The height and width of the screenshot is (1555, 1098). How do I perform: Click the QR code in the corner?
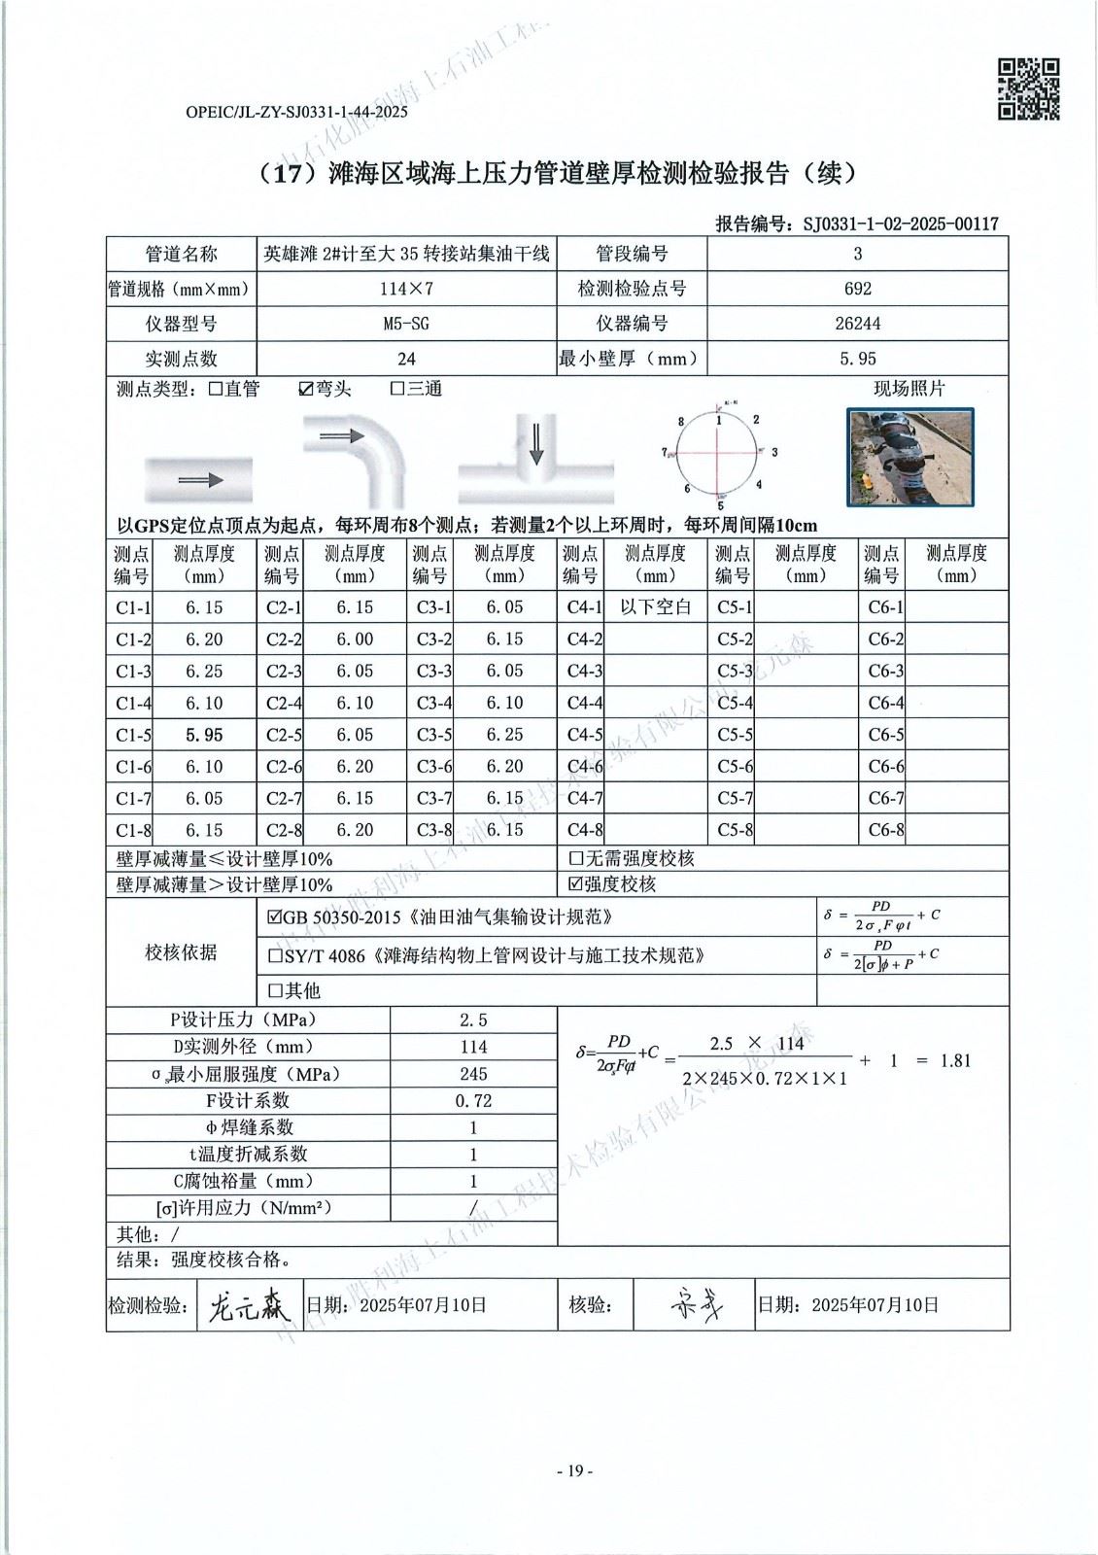(x=1028, y=89)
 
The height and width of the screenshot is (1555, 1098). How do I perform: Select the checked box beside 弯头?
(x=306, y=390)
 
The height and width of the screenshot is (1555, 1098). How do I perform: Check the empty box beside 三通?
(x=397, y=390)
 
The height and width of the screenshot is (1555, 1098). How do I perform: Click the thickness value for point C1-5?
(x=204, y=735)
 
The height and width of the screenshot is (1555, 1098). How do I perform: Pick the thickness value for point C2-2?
(x=355, y=639)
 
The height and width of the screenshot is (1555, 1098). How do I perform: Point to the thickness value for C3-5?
(x=504, y=735)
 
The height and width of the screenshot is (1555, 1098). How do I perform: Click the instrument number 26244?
(x=857, y=324)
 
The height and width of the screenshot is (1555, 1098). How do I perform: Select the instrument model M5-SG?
(x=406, y=324)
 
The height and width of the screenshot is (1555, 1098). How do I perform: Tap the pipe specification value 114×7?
(x=406, y=289)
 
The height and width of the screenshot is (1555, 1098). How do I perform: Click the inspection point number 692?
(x=857, y=289)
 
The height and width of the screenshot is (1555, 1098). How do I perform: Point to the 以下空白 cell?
(x=655, y=607)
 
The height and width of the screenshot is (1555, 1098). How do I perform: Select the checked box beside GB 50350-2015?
(x=275, y=917)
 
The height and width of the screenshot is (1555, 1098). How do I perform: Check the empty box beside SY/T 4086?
(x=275, y=956)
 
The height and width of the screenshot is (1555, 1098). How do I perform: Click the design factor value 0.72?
(x=473, y=1101)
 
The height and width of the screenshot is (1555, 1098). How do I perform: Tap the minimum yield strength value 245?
(x=473, y=1074)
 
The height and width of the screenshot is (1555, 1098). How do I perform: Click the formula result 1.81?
(x=955, y=1060)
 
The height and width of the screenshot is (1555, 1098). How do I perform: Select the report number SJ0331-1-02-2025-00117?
(x=901, y=225)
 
